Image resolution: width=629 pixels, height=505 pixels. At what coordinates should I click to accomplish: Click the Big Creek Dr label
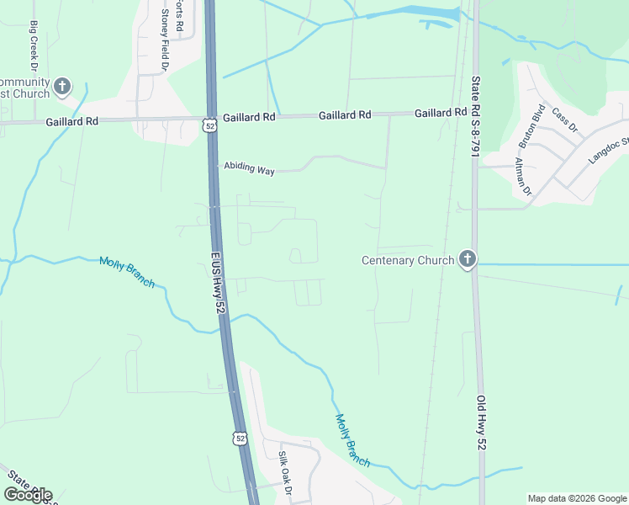coord(34,45)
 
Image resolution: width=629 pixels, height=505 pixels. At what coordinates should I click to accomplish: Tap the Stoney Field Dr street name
coord(166,41)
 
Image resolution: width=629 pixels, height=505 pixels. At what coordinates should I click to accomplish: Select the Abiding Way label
coord(249,170)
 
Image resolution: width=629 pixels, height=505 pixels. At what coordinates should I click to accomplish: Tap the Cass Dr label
coord(565,120)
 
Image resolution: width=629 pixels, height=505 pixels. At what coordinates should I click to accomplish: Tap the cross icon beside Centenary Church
coord(468,260)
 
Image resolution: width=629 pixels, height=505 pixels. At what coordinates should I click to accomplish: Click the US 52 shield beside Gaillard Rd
coord(209,125)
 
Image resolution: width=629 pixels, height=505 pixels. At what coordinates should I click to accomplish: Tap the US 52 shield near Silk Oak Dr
coord(241,439)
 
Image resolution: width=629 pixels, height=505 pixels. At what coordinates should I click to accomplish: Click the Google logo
coord(28,495)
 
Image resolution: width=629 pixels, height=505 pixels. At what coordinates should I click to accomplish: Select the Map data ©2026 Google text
coord(576,498)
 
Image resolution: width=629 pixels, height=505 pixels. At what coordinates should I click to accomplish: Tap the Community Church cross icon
coord(62,86)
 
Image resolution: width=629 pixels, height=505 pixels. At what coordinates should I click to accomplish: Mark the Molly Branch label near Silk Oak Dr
coord(352,441)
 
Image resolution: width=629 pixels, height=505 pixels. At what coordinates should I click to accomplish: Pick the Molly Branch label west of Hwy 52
coord(127,272)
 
